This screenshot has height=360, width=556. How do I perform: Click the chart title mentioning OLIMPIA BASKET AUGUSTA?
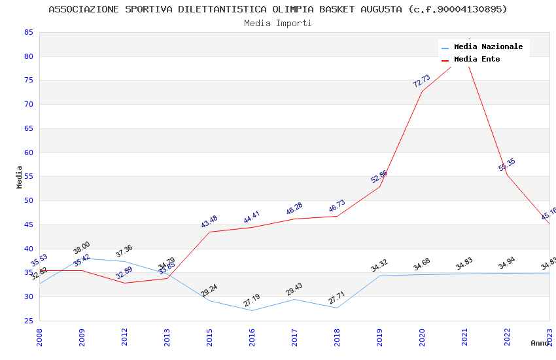coord(278,9)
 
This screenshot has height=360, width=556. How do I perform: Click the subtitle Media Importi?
coord(278,23)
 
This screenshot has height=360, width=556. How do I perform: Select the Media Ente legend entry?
coord(477,60)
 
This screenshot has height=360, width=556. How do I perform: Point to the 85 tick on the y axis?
coord(28,32)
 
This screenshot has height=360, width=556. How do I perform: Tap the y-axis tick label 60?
coord(28,153)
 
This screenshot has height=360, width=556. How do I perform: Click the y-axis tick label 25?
coord(28,321)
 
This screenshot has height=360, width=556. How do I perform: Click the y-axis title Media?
coord(20,177)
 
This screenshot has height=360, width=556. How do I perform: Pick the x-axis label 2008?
coord(39,337)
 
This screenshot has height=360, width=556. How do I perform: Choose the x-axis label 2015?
coord(209,337)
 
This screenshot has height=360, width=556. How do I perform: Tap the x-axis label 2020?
coord(422,337)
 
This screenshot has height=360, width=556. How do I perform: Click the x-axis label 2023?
coord(549,337)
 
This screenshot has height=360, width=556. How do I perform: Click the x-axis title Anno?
coord(540,343)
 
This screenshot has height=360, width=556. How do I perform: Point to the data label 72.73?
coord(421,81)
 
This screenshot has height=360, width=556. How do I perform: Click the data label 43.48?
coord(209,222)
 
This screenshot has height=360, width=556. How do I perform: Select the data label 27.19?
coord(252,300)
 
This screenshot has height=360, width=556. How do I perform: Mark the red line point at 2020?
coord(422,91)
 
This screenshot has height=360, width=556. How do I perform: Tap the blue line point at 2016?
coord(252,310)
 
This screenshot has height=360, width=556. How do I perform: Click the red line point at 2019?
coord(379,187)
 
